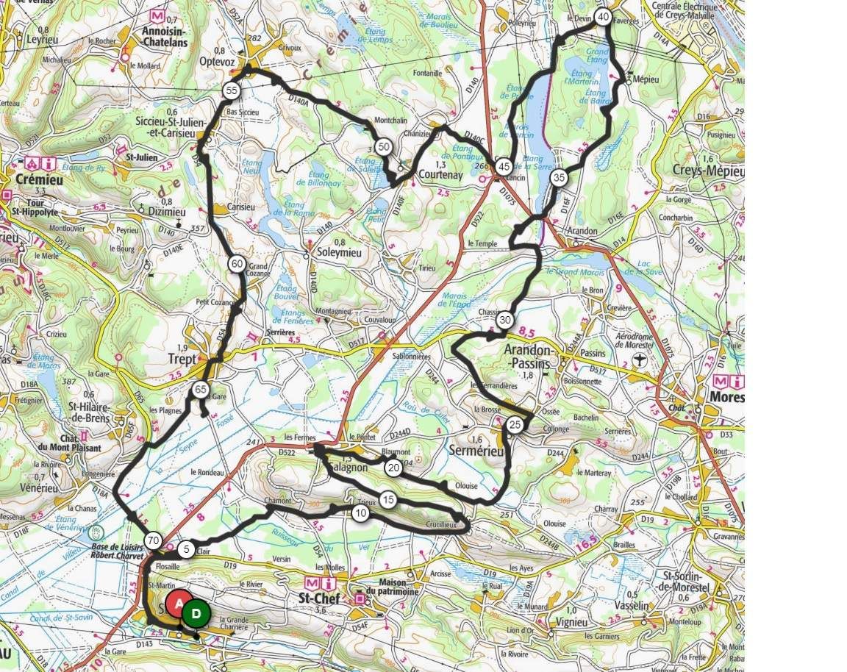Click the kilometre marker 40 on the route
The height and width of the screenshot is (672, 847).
(x=603, y=17)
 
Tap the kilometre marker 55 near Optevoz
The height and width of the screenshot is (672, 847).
(x=232, y=90)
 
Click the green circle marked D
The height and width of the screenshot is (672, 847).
(x=196, y=613)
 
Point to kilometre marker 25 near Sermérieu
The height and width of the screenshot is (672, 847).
(x=515, y=424)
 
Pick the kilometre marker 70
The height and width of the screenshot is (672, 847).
(x=153, y=540)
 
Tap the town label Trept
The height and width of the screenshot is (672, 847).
(x=182, y=359)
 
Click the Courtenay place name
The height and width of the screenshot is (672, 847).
(x=440, y=176)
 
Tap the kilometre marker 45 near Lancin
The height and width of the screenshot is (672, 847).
(x=504, y=167)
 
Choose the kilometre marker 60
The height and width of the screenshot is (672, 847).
(x=236, y=265)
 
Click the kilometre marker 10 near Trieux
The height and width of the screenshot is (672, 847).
(x=360, y=513)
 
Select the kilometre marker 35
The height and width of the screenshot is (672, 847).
(x=559, y=177)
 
